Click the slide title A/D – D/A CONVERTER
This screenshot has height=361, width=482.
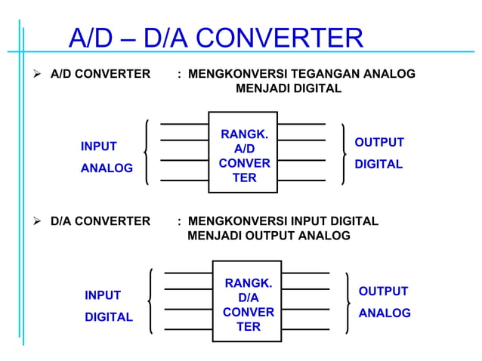point(215,37)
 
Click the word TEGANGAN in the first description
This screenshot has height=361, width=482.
point(322,74)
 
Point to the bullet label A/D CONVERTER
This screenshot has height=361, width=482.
point(100,74)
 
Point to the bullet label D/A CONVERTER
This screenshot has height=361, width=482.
point(100,221)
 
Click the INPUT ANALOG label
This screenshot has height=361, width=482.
point(106,157)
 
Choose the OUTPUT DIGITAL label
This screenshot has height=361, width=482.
point(378,153)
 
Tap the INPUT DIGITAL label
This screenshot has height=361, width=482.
point(108,306)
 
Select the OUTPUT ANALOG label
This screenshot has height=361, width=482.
point(384,302)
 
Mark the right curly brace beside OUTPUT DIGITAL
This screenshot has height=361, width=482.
point(345,154)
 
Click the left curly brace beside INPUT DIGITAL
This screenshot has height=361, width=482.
point(152,301)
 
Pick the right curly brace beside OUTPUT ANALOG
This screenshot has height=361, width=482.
point(347,302)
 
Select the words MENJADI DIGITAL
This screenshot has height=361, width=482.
point(289,89)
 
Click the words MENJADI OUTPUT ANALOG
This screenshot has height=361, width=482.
point(268,236)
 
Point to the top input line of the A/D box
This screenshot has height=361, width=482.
point(184,123)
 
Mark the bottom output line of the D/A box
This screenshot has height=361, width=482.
point(305,330)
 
